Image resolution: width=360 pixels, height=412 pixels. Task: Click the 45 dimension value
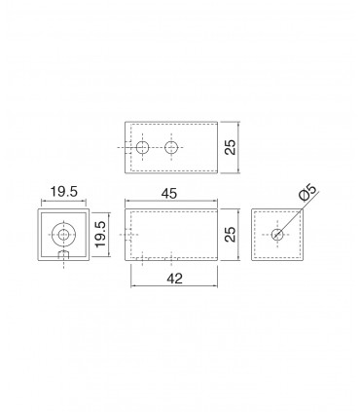pos(169,194)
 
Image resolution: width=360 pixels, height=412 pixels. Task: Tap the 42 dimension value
pos(174,279)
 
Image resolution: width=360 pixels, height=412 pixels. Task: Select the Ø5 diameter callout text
pos(307,192)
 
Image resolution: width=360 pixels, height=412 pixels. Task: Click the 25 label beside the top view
pos(230,147)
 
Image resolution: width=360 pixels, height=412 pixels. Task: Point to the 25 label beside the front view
pos(230,234)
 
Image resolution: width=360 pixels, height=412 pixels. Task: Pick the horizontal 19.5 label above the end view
pos(64,192)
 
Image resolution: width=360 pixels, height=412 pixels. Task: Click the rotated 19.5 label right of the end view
pos(100,234)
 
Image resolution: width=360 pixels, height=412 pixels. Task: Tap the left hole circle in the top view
pos(142,148)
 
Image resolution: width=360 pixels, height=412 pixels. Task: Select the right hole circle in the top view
pos(171,148)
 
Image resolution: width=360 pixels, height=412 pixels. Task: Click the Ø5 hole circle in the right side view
pos(277,234)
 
